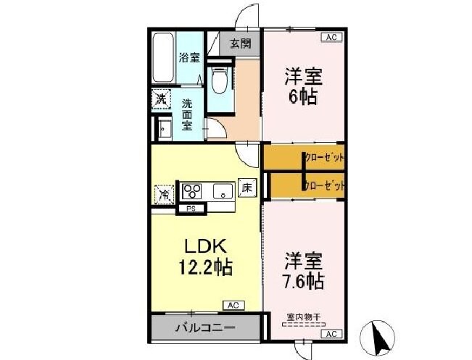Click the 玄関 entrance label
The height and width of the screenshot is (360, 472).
pyautogui.click(x=241, y=43)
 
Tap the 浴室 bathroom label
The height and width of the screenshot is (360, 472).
pyautogui.click(x=189, y=58)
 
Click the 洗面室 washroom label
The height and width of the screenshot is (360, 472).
pyautogui.click(x=187, y=114)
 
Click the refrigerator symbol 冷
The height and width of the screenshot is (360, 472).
pyautogui.click(x=165, y=193)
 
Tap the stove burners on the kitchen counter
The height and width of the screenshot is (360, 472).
pyautogui.click(x=193, y=191)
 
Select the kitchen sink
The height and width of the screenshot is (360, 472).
pyautogui.click(x=222, y=191)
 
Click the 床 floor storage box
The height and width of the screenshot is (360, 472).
pyautogui.click(x=247, y=187)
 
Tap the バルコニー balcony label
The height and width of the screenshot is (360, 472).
pyautogui.click(x=205, y=328)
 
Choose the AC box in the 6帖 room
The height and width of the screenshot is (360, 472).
pyautogui.click(x=330, y=36)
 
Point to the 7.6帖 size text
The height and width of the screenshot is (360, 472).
pyautogui.click(x=303, y=280)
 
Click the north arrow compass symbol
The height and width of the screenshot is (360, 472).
pyautogui.click(x=378, y=337)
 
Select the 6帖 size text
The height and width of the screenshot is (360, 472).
pyautogui.click(x=302, y=96)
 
